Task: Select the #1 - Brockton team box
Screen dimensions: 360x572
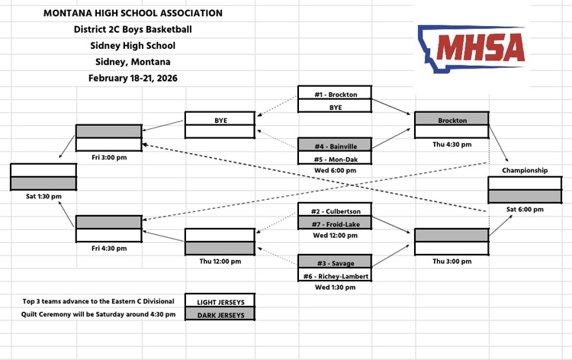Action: click(336, 95)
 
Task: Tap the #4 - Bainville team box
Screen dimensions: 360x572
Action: click(336, 145)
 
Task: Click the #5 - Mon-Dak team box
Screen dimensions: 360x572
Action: click(336, 159)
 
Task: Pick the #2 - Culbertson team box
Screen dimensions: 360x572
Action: click(336, 211)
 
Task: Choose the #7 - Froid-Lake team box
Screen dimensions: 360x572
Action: click(336, 223)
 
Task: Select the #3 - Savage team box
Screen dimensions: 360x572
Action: click(336, 263)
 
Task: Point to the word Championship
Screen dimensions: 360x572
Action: click(525, 170)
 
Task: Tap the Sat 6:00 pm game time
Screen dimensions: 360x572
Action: click(525, 209)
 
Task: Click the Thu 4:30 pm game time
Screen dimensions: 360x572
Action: click(452, 144)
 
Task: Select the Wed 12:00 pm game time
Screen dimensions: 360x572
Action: click(336, 236)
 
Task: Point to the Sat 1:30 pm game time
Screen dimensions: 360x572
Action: click(43, 196)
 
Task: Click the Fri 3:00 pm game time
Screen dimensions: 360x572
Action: click(108, 157)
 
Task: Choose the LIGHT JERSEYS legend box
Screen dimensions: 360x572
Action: click(220, 301)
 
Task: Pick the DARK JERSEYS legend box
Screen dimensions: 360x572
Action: click(220, 313)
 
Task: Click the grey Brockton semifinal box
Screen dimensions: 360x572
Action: click(452, 120)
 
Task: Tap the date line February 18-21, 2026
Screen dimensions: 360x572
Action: click(133, 78)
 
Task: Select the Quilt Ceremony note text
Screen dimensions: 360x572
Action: click(98, 313)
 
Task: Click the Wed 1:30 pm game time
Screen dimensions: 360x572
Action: click(336, 288)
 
